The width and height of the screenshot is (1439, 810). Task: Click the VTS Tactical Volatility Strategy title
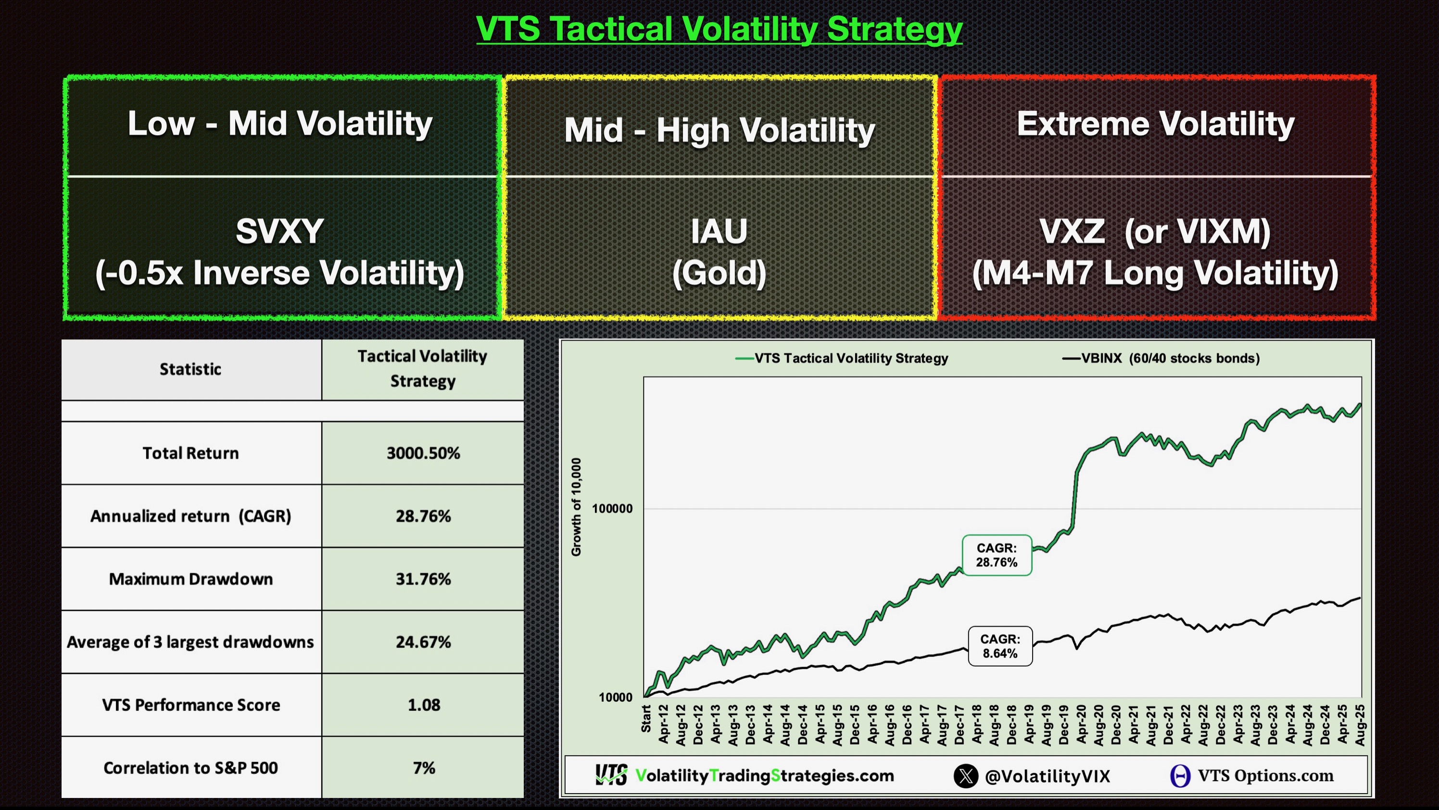click(719, 29)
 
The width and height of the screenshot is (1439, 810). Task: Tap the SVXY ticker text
click(279, 231)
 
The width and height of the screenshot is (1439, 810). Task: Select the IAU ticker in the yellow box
click(719, 231)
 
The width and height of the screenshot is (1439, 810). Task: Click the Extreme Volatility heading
click(1155, 124)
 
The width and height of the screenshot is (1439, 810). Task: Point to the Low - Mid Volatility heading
click(280, 124)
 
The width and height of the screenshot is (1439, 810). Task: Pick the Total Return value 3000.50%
click(423, 453)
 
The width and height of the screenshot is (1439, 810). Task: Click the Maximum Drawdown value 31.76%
click(423, 579)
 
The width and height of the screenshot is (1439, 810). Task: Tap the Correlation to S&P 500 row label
click(190, 768)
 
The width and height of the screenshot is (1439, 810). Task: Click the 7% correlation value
click(423, 768)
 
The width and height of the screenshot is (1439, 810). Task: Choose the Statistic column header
click(190, 369)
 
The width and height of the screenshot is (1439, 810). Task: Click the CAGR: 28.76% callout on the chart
click(997, 555)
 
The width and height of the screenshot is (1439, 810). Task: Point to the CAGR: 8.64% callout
click(1000, 646)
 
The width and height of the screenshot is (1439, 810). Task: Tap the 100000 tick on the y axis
click(612, 509)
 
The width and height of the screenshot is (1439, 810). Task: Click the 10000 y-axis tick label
click(616, 697)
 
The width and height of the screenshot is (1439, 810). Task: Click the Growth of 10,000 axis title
click(576, 507)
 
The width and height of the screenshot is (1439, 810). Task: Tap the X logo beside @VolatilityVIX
click(966, 776)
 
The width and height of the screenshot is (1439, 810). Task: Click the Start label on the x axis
click(646, 719)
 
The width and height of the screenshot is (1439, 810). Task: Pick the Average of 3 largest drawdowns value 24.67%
click(423, 642)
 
